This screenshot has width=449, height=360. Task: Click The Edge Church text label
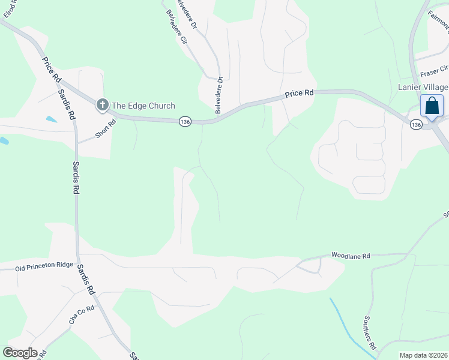[143, 106]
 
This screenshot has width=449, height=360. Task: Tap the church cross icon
[102, 106]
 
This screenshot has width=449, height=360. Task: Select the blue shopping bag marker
[432, 106]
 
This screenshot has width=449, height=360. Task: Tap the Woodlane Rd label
[350, 256]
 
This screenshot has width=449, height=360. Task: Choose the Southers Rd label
[370, 333]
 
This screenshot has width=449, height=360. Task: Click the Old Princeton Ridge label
[44, 266]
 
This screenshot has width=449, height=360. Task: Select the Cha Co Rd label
[82, 315]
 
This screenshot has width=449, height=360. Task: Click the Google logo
[20, 352]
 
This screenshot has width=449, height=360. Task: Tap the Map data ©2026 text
[423, 355]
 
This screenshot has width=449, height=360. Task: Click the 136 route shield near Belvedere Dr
[185, 122]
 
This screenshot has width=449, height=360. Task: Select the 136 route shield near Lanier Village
[416, 125]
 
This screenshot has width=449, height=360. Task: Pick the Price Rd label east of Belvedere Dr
[299, 94]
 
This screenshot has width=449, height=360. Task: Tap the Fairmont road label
[438, 20]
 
